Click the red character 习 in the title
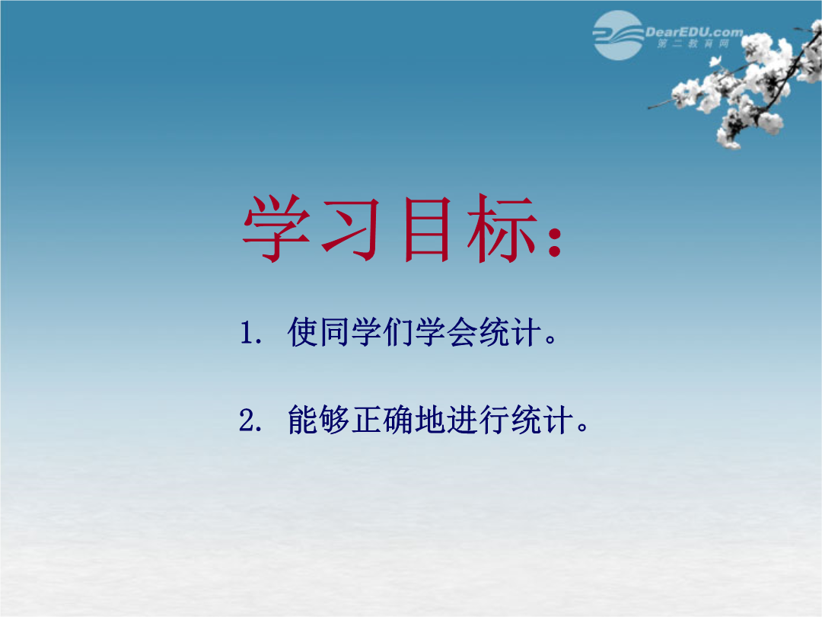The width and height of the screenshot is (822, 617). [x=351, y=229]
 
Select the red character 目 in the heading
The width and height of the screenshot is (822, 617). [x=427, y=229]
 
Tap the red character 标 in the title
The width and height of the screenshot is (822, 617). [x=502, y=229]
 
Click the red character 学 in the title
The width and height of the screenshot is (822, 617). [x=276, y=229]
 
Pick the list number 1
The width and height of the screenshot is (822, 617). [x=247, y=333]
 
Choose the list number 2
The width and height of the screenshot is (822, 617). [x=247, y=420]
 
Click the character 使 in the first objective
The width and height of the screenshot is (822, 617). [x=303, y=332]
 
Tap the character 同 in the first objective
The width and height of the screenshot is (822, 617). [x=335, y=332]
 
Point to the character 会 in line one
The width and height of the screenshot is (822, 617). [x=462, y=332]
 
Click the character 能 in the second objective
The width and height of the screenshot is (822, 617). [x=303, y=420]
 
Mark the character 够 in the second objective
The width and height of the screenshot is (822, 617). [x=334, y=420]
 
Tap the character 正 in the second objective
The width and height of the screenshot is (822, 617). [x=366, y=420]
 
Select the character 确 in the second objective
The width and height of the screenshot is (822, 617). [x=398, y=420]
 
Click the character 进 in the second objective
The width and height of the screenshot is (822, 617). [x=462, y=420]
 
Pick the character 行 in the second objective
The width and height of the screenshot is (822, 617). [x=494, y=420]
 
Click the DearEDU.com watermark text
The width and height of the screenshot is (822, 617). [x=693, y=32]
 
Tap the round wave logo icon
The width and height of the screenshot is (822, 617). [x=618, y=35]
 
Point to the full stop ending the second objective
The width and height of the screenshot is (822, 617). [x=582, y=427]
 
